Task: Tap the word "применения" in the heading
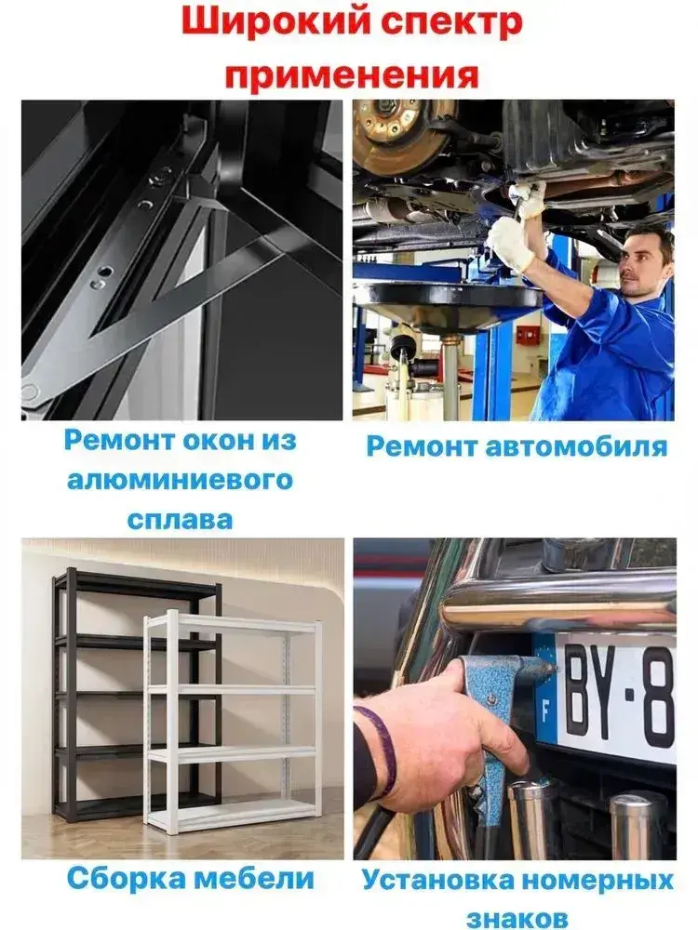tap(352, 74)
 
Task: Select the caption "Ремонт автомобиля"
tap(517, 446)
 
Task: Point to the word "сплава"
tap(180, 519)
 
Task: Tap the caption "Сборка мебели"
tap(190, 878)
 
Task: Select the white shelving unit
tap(234, 721)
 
